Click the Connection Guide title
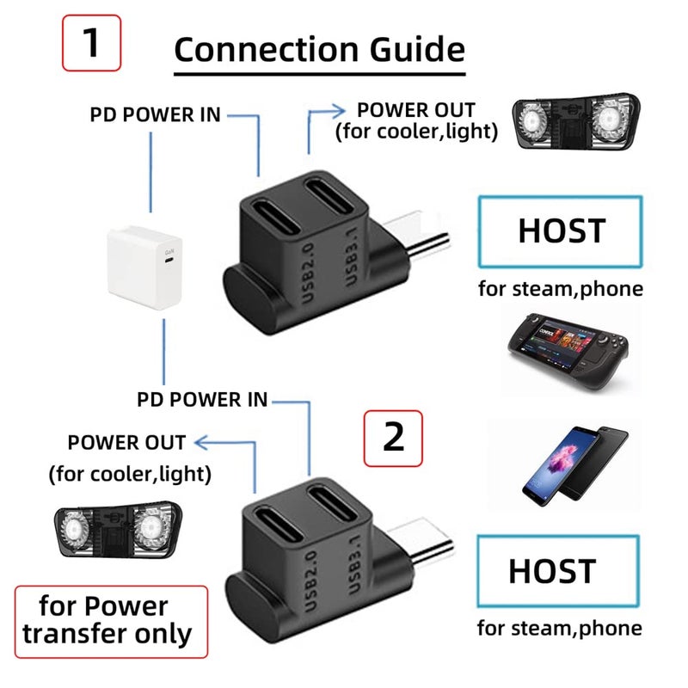pos(319,49)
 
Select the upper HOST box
pos(561,230)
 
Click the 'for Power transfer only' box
pos(111,620)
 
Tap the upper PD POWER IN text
pos(155,114)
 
